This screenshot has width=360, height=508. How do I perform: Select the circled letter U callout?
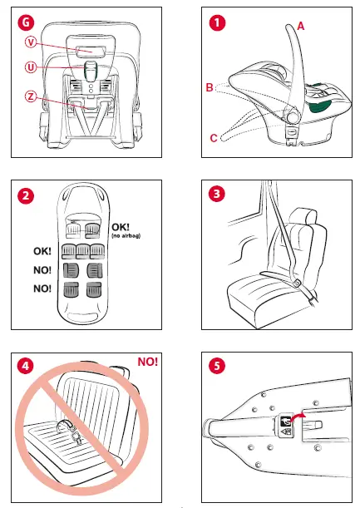point(31,69)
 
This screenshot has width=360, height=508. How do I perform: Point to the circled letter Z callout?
point(31,97)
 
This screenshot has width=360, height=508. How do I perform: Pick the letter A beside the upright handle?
point(300,27)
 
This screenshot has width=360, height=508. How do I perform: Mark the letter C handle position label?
point(214,138)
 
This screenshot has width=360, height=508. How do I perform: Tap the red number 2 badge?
point(27,196)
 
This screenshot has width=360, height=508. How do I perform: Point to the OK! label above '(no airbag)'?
point(121,227)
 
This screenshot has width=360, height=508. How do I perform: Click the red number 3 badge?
point(218,195)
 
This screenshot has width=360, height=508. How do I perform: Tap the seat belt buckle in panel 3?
point(296,284)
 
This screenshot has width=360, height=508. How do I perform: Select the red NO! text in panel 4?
point(146,362)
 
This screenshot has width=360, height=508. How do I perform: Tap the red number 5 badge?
point(218,365)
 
